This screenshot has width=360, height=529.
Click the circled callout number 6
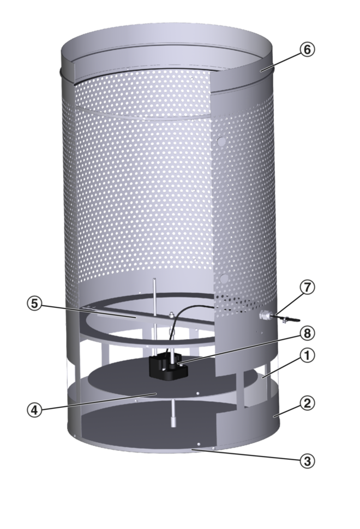pos(307,50)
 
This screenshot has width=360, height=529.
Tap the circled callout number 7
pos(307,288)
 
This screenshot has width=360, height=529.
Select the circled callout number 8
pos(307,334)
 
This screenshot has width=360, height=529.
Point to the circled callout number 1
pos(307,356)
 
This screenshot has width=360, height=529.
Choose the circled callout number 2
pos(307,403)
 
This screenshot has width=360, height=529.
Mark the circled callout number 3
pos(307,461)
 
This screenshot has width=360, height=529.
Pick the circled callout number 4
pos(35,410)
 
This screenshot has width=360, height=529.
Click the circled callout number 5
pos(35,304)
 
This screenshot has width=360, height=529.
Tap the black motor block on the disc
pos(168,366)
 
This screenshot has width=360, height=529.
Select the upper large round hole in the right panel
pos(221,141)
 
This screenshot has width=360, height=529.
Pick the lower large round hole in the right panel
pos(224,278)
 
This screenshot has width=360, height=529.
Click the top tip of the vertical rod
pos(154,278)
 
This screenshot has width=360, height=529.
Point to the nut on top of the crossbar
pos(171,315)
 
